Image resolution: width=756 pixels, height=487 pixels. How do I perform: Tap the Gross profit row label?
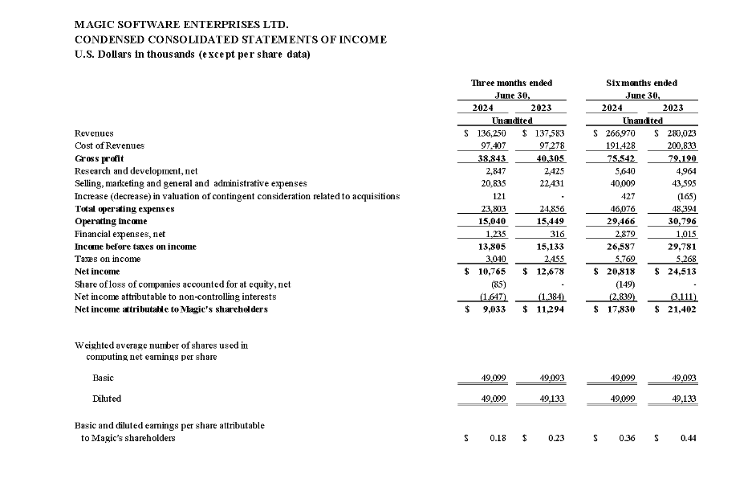[x=99, y=158]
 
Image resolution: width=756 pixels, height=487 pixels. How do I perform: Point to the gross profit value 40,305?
[x=548, y=158]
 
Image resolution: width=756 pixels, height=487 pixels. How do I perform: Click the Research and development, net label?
[x=136, y=171]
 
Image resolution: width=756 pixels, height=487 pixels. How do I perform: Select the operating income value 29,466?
[x=612, y=221]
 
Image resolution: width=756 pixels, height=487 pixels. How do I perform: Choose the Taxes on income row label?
[x=108, y=259]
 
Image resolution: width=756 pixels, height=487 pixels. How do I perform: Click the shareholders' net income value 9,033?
[x=491, y=309]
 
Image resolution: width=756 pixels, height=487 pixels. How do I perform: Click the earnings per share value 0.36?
[x=618, y=438]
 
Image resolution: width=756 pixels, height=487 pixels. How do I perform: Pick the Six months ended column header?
[x=641, y=83]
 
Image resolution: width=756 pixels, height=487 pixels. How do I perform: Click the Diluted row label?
[x=107, y=398]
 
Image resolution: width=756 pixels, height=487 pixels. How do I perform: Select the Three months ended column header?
[x=511, y=83]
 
